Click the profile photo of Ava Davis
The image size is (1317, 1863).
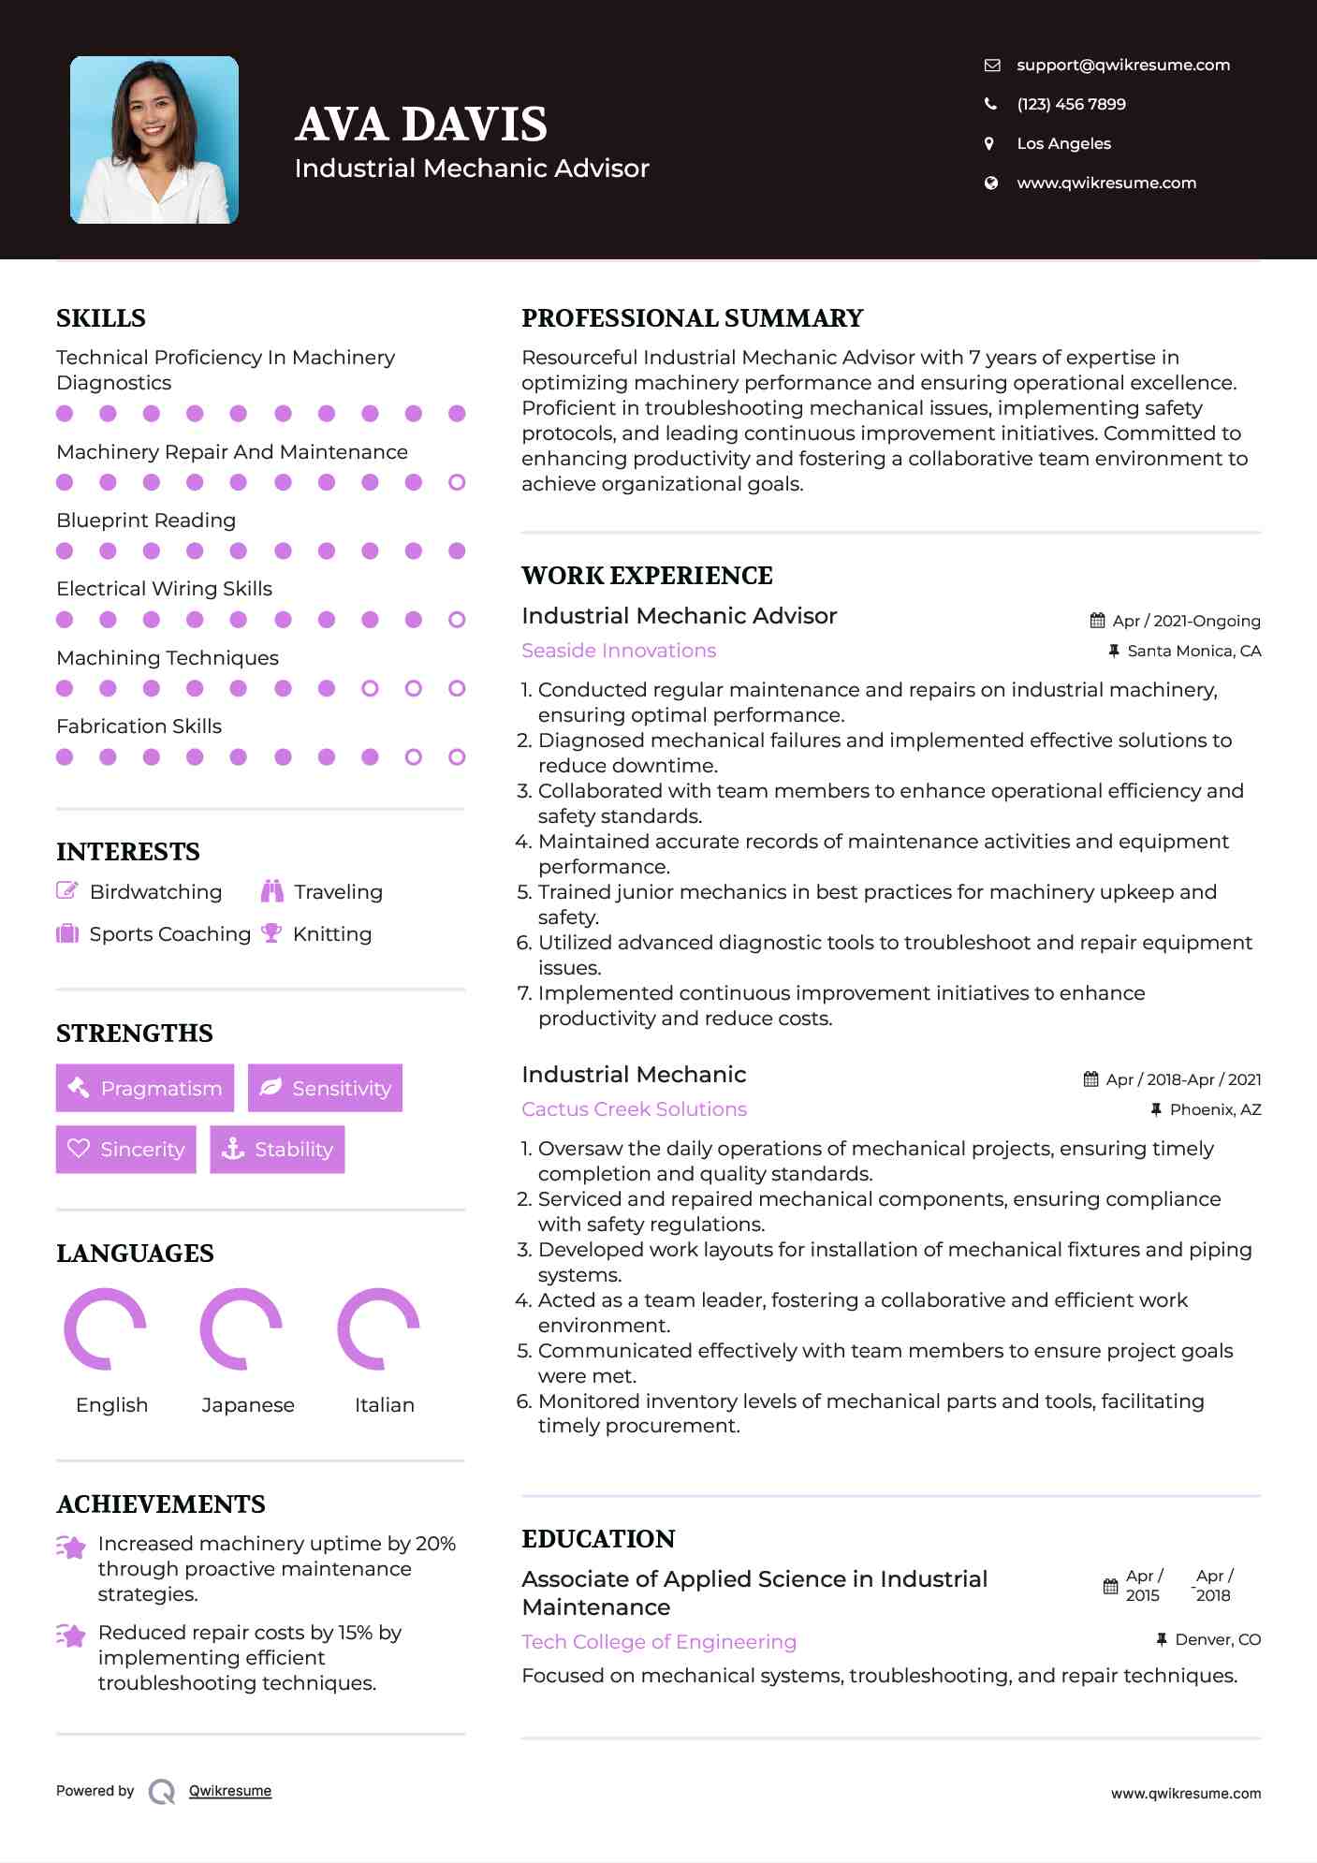coord(154,139)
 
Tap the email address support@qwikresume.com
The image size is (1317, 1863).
coord(1122,65)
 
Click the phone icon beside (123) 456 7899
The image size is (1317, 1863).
coord(990,104)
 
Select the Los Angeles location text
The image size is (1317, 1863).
coord(1063,143)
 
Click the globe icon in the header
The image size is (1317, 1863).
coord(990,183)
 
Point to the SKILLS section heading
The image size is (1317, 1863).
coord(101,318)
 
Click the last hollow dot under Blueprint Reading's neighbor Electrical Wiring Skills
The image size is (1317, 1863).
coord(457,620)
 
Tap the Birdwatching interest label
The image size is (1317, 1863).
coord(155,891)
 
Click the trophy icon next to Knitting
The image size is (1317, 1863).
coord(271,933)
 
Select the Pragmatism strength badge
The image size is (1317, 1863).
coord(145,1088)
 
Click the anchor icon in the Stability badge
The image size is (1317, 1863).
coord(232,1149)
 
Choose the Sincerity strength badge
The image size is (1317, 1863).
coord(126,1149)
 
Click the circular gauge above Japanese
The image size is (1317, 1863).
coord(241,1328)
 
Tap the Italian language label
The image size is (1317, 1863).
coord(384,1404)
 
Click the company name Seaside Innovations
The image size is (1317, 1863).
coord(619,651)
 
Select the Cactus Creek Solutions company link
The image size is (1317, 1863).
coord(634,1109)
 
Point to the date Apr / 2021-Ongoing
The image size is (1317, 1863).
coord(1185,621)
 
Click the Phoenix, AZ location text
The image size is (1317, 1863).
coord(1215,1109)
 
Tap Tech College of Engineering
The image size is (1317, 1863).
coord(659,1641)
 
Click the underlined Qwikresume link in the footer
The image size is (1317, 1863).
coord(230,1791)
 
